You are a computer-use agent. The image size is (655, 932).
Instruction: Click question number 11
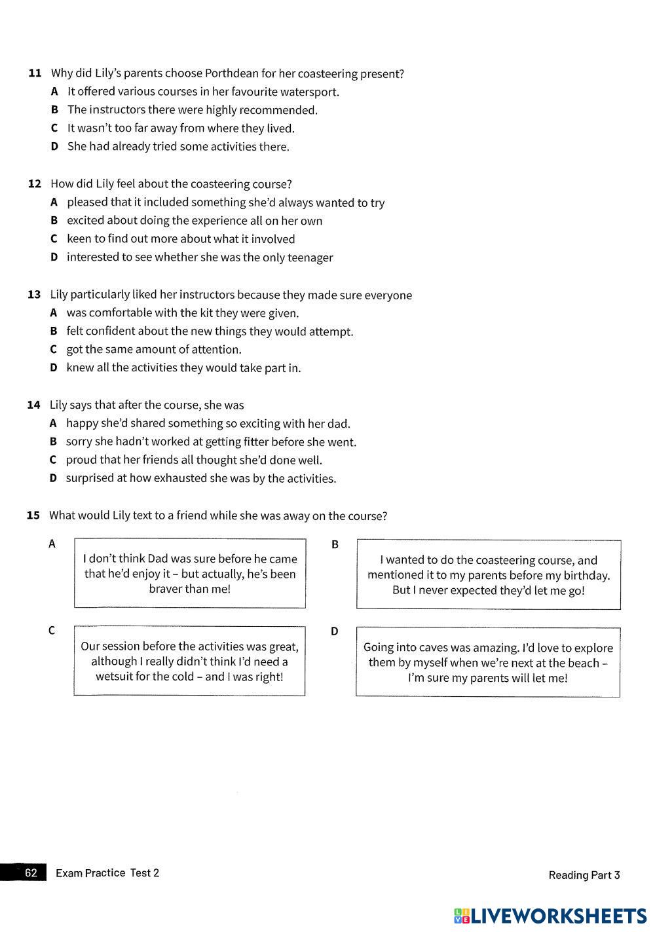(x=35, y=73)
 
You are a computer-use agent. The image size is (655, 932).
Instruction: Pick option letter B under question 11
(x=54, y=110)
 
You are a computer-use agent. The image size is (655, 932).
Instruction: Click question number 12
(x=35, y=184)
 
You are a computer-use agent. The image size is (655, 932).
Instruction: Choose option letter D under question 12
(x=54, y=257)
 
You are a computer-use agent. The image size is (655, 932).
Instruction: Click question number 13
(x=34, y=295)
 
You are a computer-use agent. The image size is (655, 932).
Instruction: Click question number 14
(x=34, y=405)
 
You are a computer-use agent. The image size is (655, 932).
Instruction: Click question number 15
(x=33, y=515)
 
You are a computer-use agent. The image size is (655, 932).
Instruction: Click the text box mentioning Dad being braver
(x=190, y=574)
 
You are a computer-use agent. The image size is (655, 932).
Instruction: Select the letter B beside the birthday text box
(x=335, y=544)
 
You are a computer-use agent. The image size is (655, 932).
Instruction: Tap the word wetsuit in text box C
(x=114, y=677)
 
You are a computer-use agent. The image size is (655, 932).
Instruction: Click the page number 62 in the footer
(x=31, y=872)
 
